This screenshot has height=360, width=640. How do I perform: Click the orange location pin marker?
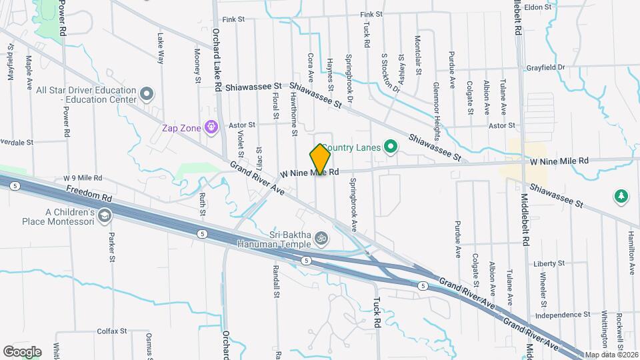[x=321, y=159]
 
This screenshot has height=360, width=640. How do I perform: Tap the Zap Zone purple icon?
[x=212, y=126]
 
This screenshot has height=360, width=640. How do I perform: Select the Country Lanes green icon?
[x=391, y=147]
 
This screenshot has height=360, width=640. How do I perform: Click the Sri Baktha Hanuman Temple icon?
[x=321, y=237]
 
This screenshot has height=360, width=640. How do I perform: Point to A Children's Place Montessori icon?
[x=105, y=216]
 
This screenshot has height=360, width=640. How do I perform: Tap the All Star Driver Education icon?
[x=148, y=93]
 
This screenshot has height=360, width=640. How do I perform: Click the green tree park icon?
[x=621, y=196]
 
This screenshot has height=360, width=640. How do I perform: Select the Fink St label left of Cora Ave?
[x=230, y=19]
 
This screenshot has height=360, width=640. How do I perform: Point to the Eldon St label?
[x=538, y=7]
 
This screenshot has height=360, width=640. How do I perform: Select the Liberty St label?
[x=549, y=264]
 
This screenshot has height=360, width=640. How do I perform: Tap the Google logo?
[x=21, y=351]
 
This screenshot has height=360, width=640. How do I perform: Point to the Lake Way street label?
[x=160, y=49]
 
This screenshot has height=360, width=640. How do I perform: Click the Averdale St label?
[x=17, y=143]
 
